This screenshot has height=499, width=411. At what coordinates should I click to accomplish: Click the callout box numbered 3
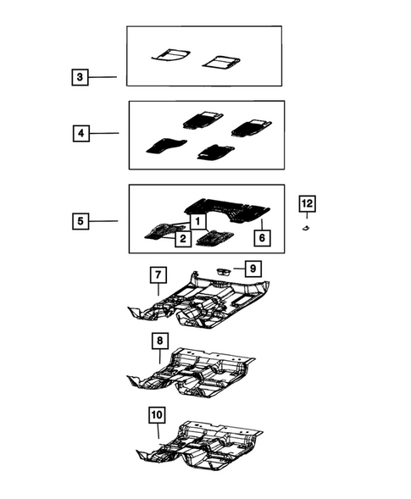[79, 78]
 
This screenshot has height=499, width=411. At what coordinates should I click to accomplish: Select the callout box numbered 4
[80, 133]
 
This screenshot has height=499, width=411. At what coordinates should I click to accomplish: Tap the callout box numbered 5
[79, 221]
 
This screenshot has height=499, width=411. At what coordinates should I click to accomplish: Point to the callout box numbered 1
[196, 220]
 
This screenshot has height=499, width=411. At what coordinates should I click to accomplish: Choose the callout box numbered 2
[182, 240]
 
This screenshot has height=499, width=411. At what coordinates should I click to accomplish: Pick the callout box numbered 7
[158, 275]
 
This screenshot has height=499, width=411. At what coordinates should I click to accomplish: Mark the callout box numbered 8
[160, 341]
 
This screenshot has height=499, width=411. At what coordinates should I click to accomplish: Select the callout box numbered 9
[253, 269]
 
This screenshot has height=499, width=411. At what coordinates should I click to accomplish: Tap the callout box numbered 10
[158, 415]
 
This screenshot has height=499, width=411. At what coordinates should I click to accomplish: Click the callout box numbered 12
[307, 203]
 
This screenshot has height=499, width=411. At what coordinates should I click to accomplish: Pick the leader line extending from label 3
[103, 78]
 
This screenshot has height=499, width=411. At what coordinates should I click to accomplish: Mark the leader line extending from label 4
[103, 133]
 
